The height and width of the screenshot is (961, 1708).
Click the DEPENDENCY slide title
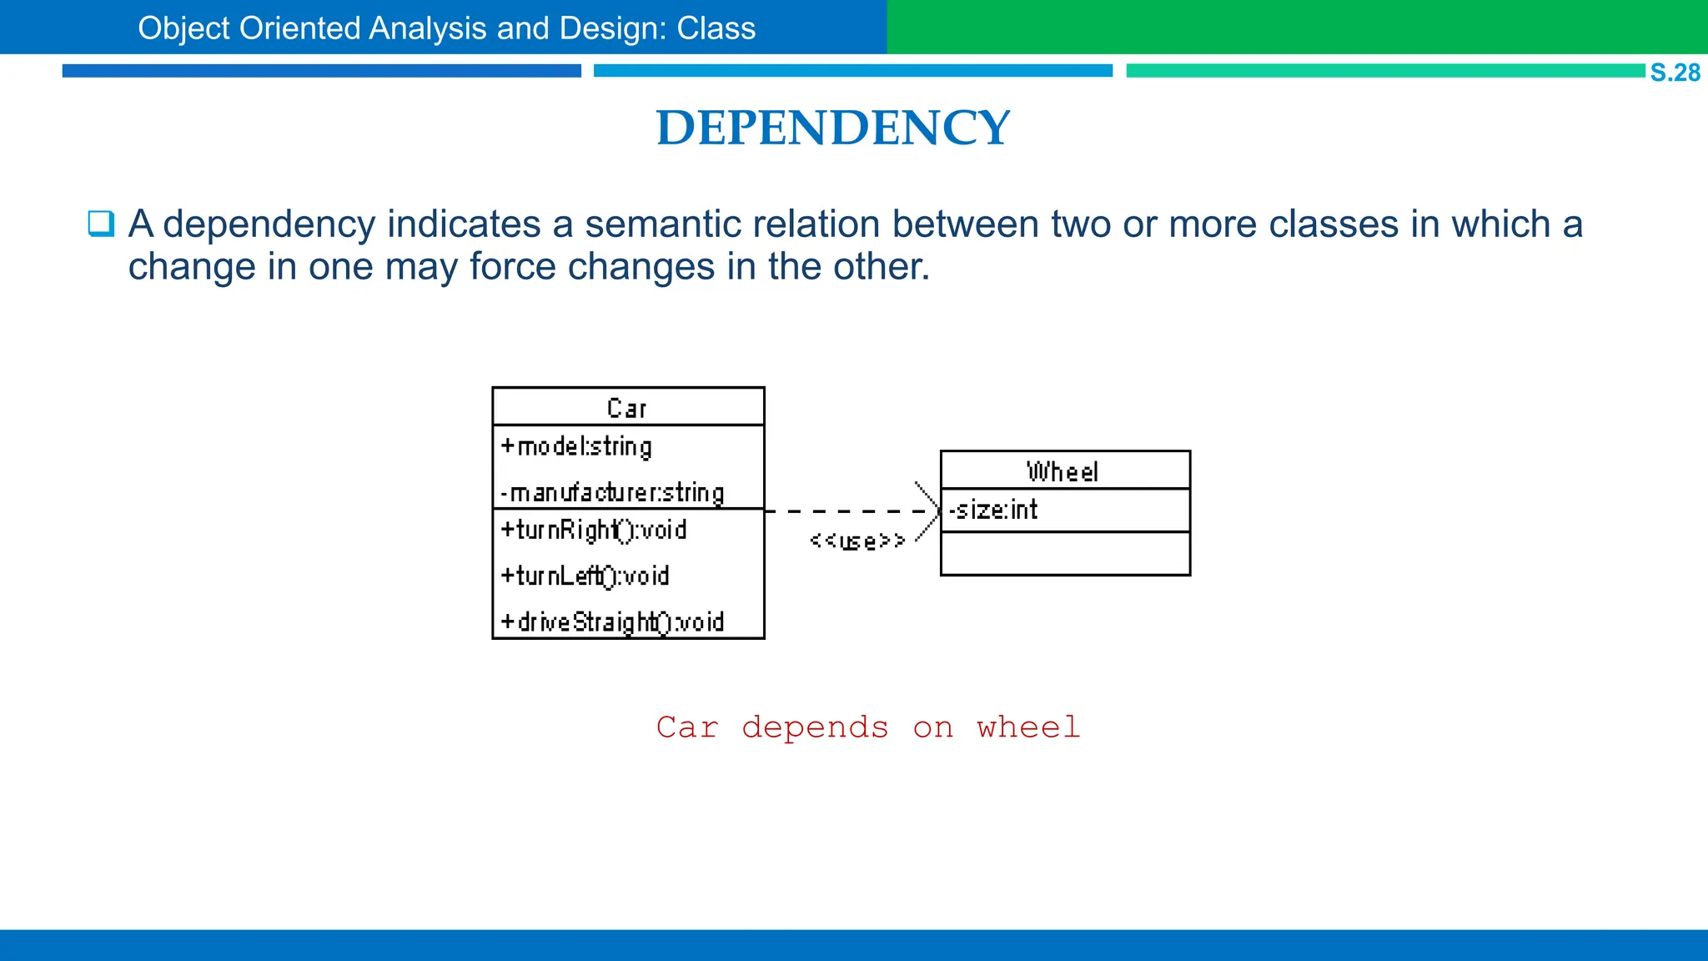click(x=832, y=128)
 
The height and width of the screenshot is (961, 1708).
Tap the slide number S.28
click(x=1675, y=73)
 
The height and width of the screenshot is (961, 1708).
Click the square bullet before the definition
click(x=101, y=224)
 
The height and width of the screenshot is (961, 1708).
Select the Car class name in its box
click(x=626, y=408)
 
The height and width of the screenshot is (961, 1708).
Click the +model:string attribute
click(x=576, y=447)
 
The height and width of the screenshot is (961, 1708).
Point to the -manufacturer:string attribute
click(x=612, y=493)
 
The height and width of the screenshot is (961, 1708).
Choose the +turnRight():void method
click(x=593, y=531)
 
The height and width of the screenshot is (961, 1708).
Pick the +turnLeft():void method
click(x=585, y=576)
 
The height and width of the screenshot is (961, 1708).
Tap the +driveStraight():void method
click(x=612, y=622)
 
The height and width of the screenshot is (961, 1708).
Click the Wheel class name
click(x=1062, y=472)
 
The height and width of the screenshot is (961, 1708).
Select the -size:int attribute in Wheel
click(x=993, y=510)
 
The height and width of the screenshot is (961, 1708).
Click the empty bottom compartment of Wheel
click(x=1065, y=554)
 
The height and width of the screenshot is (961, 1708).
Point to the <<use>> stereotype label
click(x=857, y=541)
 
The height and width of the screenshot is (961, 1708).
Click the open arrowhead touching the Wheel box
click(x=931, y=511)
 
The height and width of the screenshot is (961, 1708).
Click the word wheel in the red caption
click(x=1028, y=727)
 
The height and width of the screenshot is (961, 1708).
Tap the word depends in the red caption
click(x=815, y=727)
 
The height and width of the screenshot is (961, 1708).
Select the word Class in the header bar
click(x=716, y=28)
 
